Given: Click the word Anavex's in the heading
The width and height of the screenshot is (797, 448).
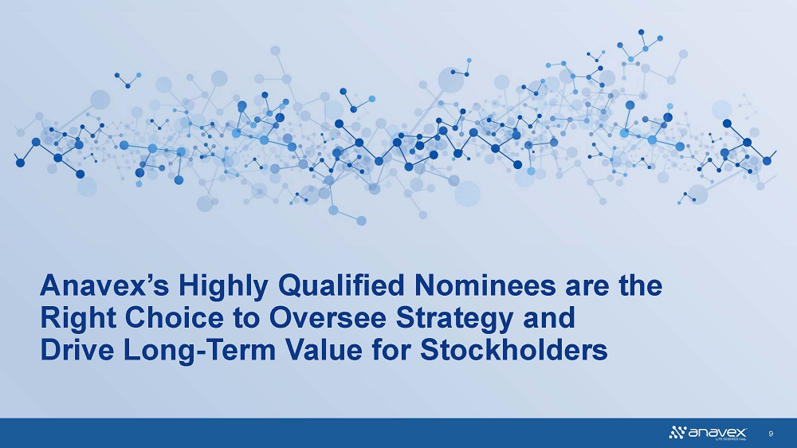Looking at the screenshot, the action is [104, 285].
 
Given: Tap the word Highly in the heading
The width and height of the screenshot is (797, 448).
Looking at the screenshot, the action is [222, 287].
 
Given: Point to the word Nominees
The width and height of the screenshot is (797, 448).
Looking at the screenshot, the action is [485, 285].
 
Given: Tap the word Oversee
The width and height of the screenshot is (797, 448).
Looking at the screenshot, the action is [329, 318].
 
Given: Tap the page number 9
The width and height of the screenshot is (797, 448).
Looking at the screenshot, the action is [771, 434].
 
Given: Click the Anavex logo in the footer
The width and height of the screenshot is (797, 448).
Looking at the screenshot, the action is [708, 433].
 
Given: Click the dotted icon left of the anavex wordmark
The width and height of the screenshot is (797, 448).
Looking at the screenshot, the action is [677, 433].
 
